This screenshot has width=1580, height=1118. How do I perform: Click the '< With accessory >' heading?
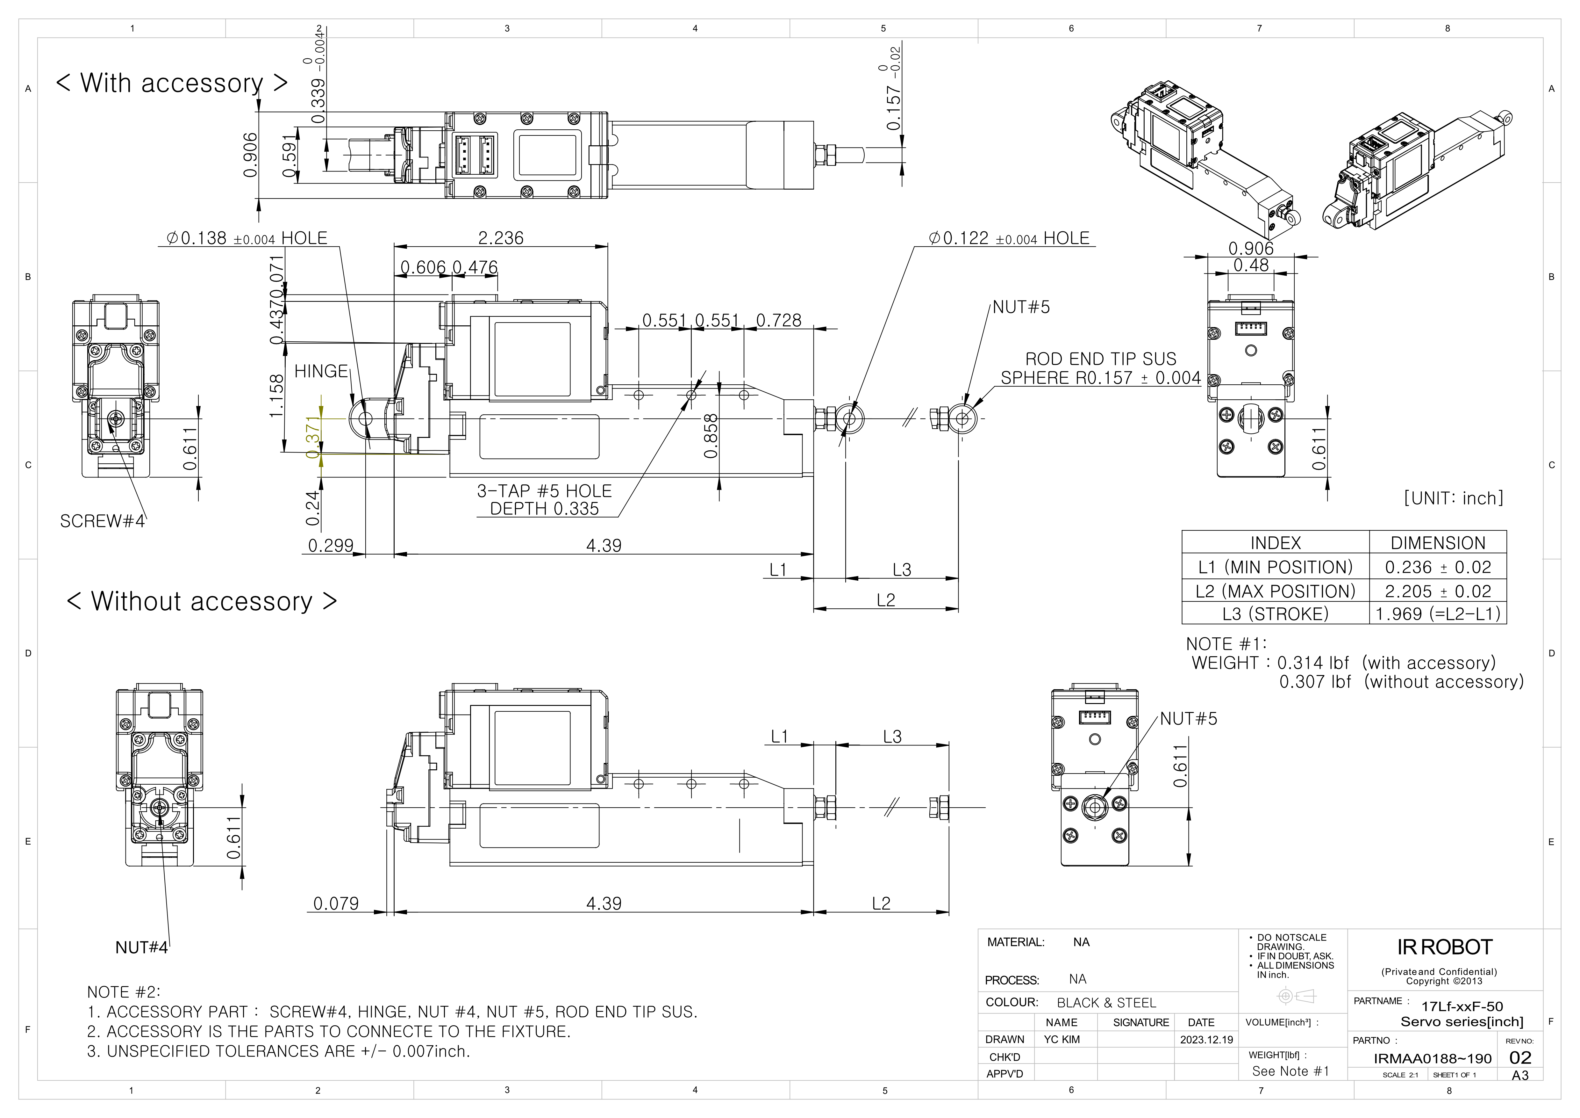click(x=171, y=83)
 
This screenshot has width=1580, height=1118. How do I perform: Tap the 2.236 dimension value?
click(x=501, y=238)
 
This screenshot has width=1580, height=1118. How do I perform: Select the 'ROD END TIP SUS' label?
click(x=1100, y=359)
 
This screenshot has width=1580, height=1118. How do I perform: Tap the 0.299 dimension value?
click(x=330, y=546)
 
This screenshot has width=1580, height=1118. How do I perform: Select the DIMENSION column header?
click(x=1438, y=543)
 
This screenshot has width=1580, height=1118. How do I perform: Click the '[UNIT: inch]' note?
click(x=1453, y=498)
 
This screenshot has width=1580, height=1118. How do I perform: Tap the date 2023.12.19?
click(x=1206, y=1040)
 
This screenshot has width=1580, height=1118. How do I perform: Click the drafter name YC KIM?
click(x=1062, y=1040)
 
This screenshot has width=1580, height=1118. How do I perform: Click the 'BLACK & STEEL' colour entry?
click(x=1106, y=1003)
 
